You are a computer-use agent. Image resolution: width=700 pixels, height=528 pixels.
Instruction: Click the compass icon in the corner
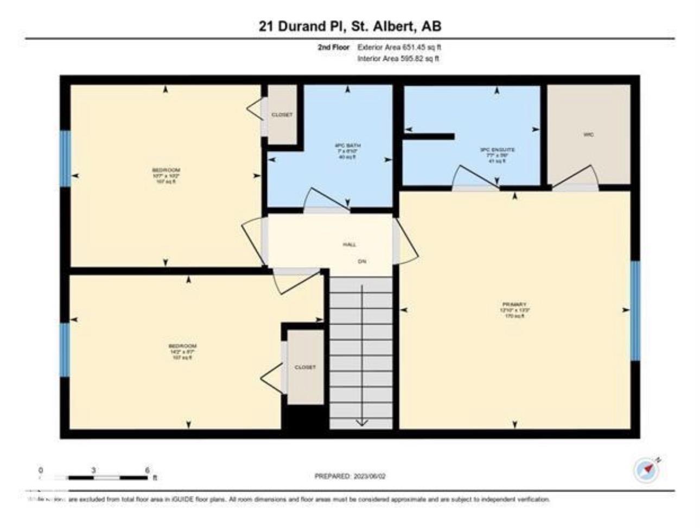pyautogui.click(x=646, y=470)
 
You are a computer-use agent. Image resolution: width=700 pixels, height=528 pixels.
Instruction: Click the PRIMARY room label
pyautogui.click(x=514, y=304)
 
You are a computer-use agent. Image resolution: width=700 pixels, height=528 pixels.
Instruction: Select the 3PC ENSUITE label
pyautogui.click(x=497, y=149)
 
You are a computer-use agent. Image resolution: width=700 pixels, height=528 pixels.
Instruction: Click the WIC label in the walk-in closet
pyautogui.click(x=589, y=134)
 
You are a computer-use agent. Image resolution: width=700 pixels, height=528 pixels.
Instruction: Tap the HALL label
pyautogui.click(x=349, y=245)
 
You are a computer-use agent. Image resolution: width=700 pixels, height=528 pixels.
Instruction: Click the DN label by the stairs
pyautogui.click(x=362, y=262)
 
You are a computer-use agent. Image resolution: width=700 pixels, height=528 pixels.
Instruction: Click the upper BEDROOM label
pyautogui.click(x=166, y=170)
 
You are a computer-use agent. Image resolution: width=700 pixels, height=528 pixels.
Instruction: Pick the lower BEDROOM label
pyautogui.click(x=182, y=346)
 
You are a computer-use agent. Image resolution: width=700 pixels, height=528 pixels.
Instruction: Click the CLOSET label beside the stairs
pyautogui.click(x=305, y=367)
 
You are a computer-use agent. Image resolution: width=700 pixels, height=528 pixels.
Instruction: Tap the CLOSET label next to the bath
pyautogui.click(x=282, y=114)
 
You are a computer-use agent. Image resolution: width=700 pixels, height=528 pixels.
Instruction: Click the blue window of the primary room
pyautogui.click(x=635, y=310)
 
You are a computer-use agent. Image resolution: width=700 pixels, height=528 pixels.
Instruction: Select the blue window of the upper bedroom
pyautogui.click(x=65, y=158)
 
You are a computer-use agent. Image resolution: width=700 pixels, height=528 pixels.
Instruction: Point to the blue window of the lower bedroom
pyautogui.click(x=65, y=350)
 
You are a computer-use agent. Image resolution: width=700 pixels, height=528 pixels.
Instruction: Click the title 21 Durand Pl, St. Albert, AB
pyautogui.click(x=350, y=26)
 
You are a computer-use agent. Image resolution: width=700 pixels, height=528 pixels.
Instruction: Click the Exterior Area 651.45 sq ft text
pyautogui.click(x=399, y=47)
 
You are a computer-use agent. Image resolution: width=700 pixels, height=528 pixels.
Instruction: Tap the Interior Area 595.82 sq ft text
pyautogui.click(x=398, y=59)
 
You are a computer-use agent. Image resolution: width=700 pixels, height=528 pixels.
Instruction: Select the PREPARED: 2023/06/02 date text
pyautogui.click(x=350, y=476)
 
